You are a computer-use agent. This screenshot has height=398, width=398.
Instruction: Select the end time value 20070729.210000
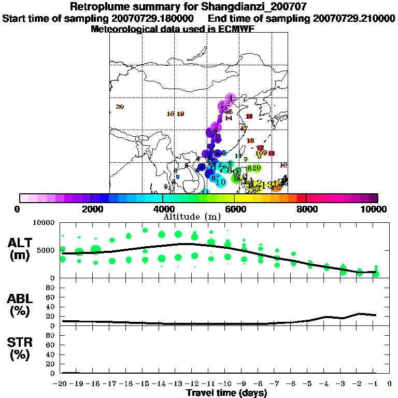coord(354,19)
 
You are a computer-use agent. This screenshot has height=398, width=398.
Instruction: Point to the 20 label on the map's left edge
coord(120,107)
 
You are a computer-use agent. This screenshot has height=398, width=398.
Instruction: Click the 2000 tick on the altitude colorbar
coord(91,209)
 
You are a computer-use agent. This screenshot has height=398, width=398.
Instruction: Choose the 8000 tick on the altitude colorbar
coord(306,209)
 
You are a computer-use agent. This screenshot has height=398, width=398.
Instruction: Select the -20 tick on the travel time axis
coord(61,383)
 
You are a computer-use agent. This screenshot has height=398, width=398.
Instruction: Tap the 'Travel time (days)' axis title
coord(226,393)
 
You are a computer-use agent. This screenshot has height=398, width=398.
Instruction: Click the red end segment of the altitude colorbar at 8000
coord(302,197)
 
